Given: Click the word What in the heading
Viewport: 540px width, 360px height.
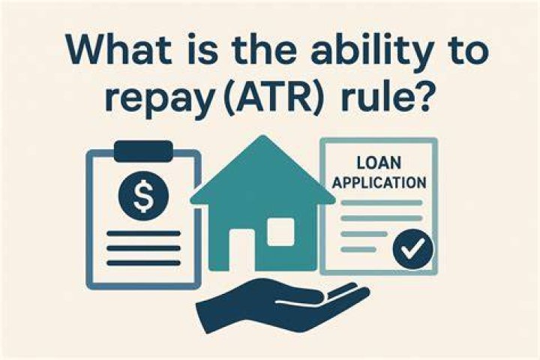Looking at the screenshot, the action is [x=118, y=51].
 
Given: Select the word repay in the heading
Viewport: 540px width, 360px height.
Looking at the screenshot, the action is [x=160, y=100].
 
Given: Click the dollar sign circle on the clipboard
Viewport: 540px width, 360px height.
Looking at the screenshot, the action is [x=143, y=196].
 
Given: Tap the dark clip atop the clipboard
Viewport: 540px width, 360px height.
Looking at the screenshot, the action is [x=143, y=151].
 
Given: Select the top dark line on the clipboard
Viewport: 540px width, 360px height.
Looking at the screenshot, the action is [x=143, y=233].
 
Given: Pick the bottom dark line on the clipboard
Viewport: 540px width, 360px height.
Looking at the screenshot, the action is [x=143, y=262].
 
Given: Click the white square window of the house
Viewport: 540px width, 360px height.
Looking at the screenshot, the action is [x=280, y=232].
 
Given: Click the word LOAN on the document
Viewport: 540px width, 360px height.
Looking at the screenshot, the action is [x=379, y=163].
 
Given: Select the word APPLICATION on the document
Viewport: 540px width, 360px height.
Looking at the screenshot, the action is [x=379, y=182].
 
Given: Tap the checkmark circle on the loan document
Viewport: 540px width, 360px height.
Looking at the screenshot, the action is [x=412, y=249].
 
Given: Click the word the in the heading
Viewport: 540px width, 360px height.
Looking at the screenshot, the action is [x=262, y=51].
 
